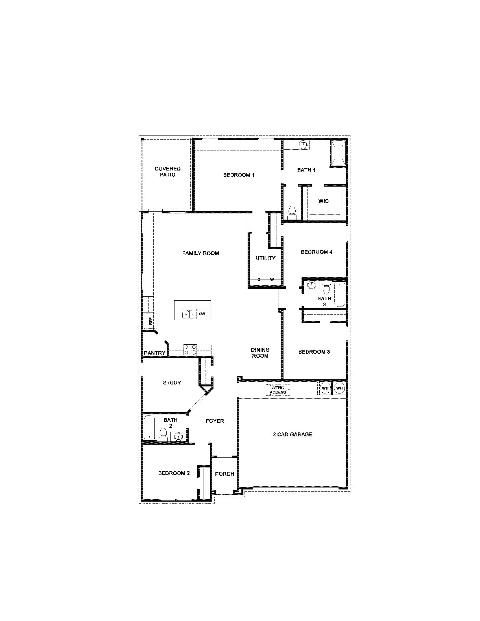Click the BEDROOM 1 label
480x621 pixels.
pos(239,175)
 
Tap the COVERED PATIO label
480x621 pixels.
pos(167,172)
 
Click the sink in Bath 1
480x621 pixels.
pos(304,145)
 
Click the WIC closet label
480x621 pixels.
pos(324,201)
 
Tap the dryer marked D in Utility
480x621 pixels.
pos(259,279)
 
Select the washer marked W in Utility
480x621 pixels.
pos(272,279)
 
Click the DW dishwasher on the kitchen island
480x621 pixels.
pos(202,314)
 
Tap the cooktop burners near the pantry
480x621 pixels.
pos(190,349)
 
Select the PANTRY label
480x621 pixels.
pos(155,353)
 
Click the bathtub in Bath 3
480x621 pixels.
pos(339,295)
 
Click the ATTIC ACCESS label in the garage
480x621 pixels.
pos(278,390)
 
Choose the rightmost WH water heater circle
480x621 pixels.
pos(339,388)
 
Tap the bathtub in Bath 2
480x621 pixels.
pos(149,431)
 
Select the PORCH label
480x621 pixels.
pos(224,474)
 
